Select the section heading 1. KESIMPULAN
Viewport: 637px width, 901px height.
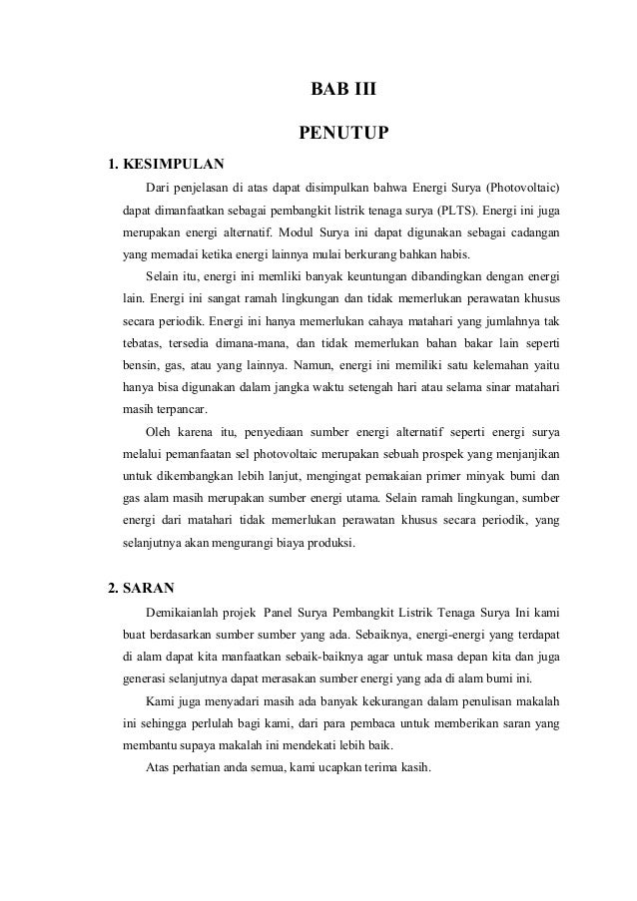pos(166,163)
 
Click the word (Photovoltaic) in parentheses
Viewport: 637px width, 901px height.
pos(522,187)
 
